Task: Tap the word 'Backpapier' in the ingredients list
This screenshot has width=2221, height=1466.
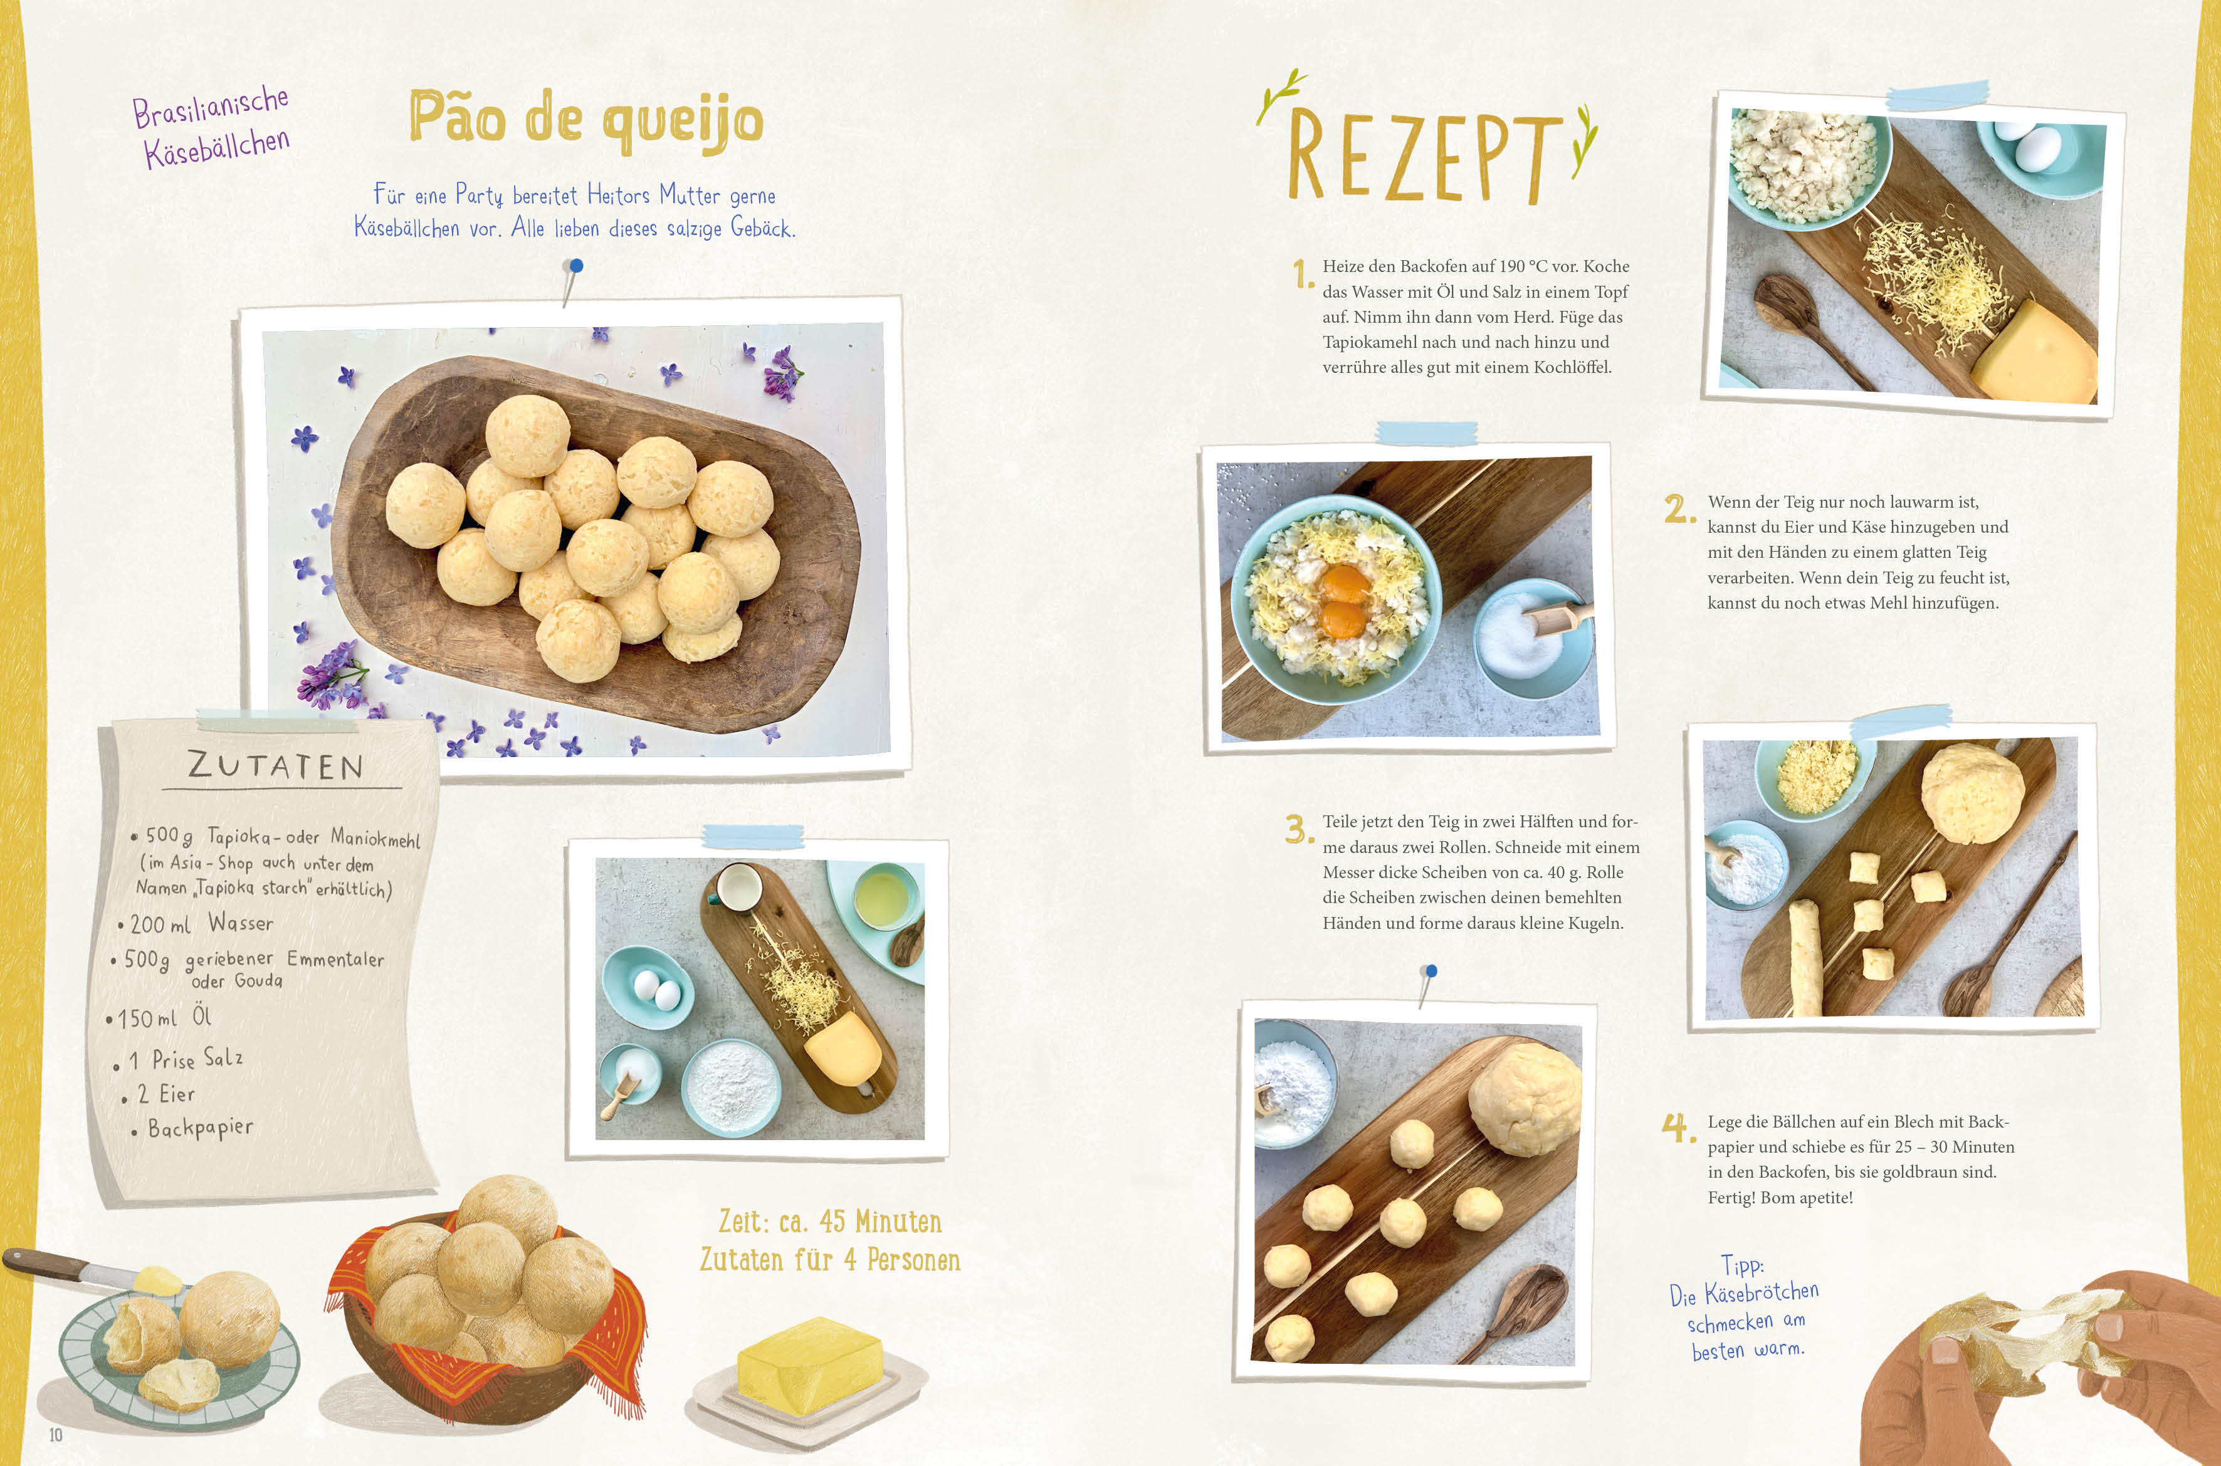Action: click(200, 1128)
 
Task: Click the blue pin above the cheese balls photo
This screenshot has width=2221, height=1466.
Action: click(576, 266)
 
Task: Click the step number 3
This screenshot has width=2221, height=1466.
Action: click(1299, 829)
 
